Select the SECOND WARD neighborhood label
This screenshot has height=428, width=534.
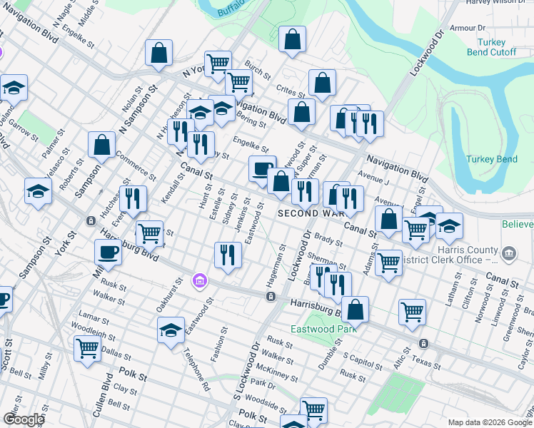[314, 213]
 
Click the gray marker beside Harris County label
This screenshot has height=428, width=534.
[509, 253]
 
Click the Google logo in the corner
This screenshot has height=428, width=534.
[24, 419]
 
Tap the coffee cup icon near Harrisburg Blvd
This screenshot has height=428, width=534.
[108, 253]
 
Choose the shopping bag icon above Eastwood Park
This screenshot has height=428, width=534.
[355, 310]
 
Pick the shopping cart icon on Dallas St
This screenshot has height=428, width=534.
[87, 349]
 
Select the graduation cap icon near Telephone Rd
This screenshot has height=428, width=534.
[171, 330]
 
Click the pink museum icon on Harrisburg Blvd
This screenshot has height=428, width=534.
[201, 281]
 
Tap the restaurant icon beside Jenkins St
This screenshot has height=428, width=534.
[227, 255]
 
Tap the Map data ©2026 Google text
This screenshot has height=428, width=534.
[490, 422]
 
